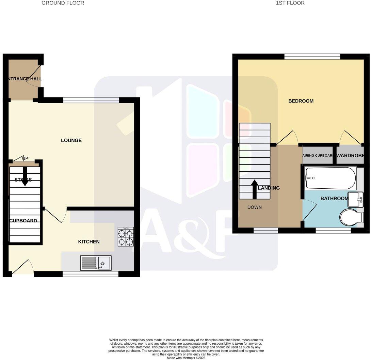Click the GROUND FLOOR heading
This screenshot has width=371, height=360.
pyautogui.click(x=63, y=3)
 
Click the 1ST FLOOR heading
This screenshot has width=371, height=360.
pyautogui.click(x=290, y=3)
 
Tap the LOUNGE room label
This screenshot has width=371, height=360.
pyautogui.click(x=71, y=140)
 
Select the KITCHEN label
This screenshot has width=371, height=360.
pyautogui.click(x=89, y=242)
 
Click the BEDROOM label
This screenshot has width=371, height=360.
pyautogui.click(x=301, y=101)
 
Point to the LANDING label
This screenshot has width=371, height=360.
pyautogui.click(x=269, y=188)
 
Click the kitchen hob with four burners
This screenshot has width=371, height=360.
pyautogui.click(x=126, y=236)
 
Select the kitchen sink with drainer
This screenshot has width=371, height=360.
pyautogui.click(x=96, y=263)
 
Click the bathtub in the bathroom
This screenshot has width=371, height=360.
pyautogui.click(x=330, y=178)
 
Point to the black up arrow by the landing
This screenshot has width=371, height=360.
pyautogui.click(x=254, y=189)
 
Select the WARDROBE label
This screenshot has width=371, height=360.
pyautogui.click(x=350, y=156)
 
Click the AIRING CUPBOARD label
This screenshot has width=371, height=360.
pyautogui.click(x=317, y=156)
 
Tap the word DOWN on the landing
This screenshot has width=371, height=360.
pyautogui.click(x=254, y=207)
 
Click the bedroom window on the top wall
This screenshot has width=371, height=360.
pyautogui.click(x=312, y=57)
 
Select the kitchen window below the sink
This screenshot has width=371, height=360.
pyautogui.click(x=91, y=274)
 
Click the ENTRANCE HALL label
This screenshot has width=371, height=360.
pyautogui.click(x=23, y=79)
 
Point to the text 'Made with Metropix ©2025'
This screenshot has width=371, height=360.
pyautogui.click(x=186, y=358)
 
